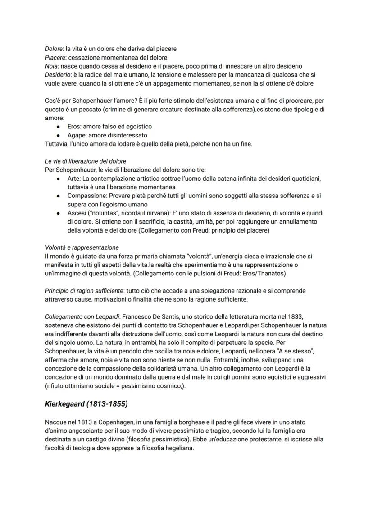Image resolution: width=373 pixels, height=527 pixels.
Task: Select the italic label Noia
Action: point(52,66)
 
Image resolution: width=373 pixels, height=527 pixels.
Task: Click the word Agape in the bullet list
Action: point(76,135)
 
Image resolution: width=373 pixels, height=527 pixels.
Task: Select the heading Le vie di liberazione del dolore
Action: point(86,161)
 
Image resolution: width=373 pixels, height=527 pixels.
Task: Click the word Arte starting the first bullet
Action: point(74,179)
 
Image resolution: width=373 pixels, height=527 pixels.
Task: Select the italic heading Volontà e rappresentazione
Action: point(82,247)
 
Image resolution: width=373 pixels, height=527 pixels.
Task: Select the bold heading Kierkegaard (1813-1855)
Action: point(86,404)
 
